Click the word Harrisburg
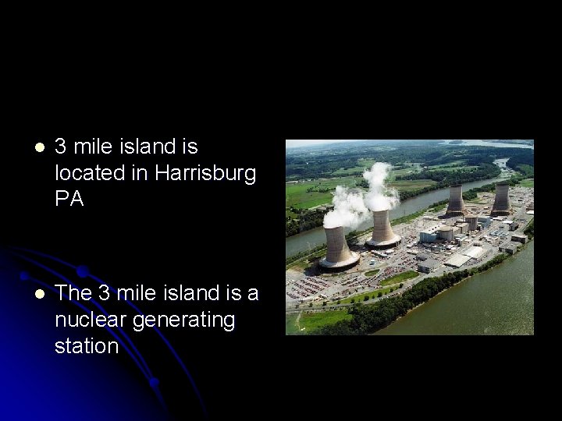click(205, 173)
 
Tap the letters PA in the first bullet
click(69, 199)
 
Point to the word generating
click(183, 320)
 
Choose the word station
click(86, 345)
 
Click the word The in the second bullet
click(74, 293)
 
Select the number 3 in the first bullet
click(61, 147)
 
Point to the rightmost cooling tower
click(500, 199)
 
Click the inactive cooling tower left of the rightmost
click(456, 200)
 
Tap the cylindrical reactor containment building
click(445, 232)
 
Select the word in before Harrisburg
click(139, 173)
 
